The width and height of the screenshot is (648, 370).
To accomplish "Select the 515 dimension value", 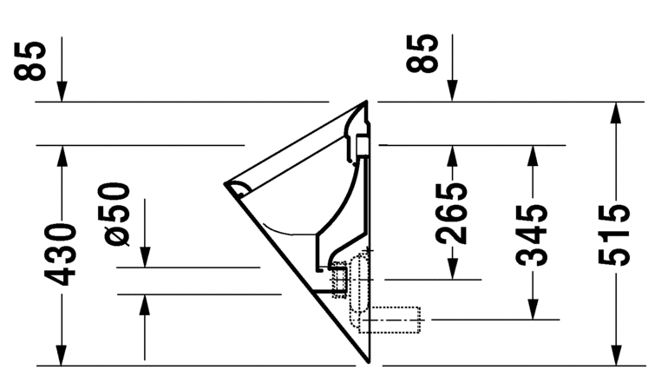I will point(615,235).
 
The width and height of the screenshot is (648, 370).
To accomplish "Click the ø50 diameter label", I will point(119,213).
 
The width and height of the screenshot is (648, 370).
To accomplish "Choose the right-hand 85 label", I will point(426,54).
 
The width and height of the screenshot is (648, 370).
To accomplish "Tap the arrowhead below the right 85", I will point(453,93).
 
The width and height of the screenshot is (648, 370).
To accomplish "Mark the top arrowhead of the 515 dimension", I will point(615,111).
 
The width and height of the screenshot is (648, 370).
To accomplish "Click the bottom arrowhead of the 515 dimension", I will point(615,356).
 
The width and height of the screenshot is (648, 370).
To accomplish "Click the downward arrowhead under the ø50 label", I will point(144,259).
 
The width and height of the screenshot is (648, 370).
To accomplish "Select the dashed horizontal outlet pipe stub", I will point(395,320).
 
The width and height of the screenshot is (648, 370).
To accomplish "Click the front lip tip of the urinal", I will point(228,184).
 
